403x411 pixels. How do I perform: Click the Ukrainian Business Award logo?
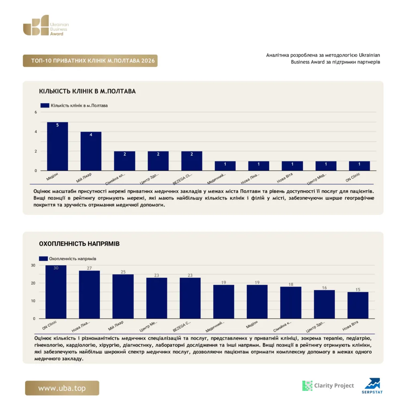pyautogui.click(x=46, y=25)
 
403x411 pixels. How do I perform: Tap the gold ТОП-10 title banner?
pyautogui.click(x=90, y=61)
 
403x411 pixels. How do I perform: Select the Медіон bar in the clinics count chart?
pyautogui.click(x=57, y=146)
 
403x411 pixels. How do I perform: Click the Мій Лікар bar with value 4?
pyautogui.click(x=91, y=151)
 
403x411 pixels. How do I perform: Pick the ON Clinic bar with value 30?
pyautogui.click(x=56, y=292)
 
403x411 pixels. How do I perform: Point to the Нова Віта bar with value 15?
pyautogui.click(x=358, y=305)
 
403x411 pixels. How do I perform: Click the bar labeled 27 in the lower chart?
pyautogui.click(x=90, y=295)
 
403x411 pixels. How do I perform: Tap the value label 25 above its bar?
pyautogui.click(x=123, y=272)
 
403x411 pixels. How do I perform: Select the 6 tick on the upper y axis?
pyautogui.click(x=36, y=112)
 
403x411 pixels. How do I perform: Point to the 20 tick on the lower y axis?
pyautogui.click(x=33, y=283)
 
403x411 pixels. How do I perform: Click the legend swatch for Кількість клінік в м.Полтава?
pyautogui.click(x=45, y=106)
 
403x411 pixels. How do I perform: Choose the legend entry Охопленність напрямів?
pyautogui.click(x=68, y=259)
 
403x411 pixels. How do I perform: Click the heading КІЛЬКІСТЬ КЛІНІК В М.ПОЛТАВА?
pyautogui.click(x=88, y=91)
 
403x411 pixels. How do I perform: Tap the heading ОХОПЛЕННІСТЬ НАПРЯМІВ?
pyautogui.click(x=79, y=244)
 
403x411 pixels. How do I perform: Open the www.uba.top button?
pyautogui.click(x=62, y=388)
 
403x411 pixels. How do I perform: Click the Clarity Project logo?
pyautogui.click(x=328, y=386)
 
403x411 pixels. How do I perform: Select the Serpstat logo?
pyautogui.click(x=372, y=386)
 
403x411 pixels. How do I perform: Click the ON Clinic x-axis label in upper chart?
pyautogui.click(x=353, y=177)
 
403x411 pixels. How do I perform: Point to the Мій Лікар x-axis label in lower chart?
pyautogui.click(x=116, y=326)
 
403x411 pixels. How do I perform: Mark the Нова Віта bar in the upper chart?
pyautogui.click(x=292, y=166)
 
